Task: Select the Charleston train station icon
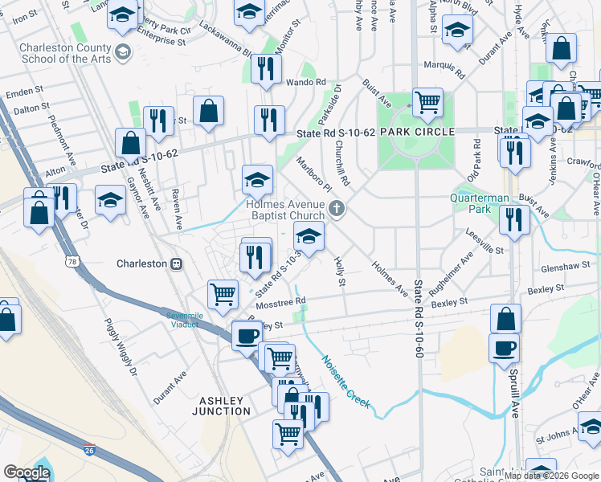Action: [x=174, y=263]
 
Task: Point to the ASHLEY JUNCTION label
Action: [x=222, y=406]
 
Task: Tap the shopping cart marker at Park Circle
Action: [x=427, y=102]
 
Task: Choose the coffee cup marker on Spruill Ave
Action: [x=504, y=348]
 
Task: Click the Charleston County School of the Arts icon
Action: [x=123, y=52]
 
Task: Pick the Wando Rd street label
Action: [x=309, y=82]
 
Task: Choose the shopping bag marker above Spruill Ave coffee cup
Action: [x=505, y=318]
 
